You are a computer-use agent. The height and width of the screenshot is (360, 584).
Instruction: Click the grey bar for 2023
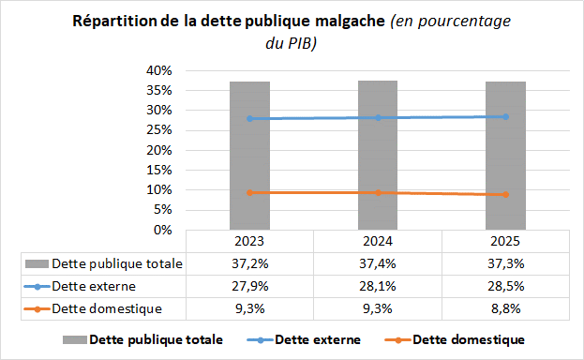[x=249, y=155]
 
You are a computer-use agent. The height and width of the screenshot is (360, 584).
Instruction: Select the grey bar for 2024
[x=377, y=155]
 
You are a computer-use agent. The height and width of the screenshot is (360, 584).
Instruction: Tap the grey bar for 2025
[x=504, y=155]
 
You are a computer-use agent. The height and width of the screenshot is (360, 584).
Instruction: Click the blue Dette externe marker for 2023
[x=249, y=118]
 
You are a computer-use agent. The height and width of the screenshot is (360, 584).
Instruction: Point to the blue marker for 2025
[x=504, y=116]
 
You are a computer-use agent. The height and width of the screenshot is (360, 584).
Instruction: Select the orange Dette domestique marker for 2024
[x=377, y=192]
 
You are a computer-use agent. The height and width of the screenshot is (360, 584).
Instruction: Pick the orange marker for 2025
[x=504, y=194]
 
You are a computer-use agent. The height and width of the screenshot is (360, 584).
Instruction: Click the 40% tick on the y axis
[x=158, y=70]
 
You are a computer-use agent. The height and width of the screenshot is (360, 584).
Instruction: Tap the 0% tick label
[x=162, y=230]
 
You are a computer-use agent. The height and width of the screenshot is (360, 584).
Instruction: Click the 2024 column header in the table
[x=377, y=241]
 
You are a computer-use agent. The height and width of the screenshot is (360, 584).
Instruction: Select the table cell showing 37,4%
[x=377, y=263]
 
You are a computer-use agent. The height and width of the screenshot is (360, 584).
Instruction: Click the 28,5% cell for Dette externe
[x=504, y=286]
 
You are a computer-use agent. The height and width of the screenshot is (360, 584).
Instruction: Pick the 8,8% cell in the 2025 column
[x=504, y=308]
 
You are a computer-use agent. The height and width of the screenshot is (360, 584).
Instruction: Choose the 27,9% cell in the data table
[x=249, y=286]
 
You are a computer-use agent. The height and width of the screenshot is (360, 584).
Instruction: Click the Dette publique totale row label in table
[x=117, y=263]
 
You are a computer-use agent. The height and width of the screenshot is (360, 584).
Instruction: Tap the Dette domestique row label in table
[x=108, y=308]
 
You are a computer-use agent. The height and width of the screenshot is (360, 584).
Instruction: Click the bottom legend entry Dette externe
[x=316, y=339]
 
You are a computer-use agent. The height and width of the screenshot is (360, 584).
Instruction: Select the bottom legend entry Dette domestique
[x=468, y=339]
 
